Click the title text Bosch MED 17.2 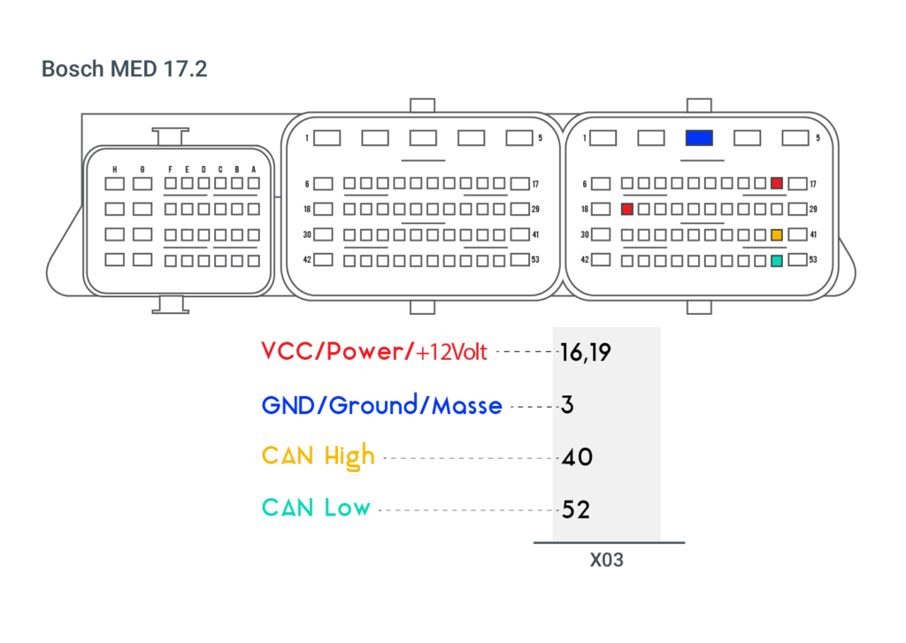pyautogui.click(x=125, y=70)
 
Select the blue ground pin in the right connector pyautogui.click(x=698, y=138)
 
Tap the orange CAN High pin pyautogui.click(x=777, y=235)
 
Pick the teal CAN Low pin pyautogui.click(x=777, y=261)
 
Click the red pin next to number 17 pyautogui.click(x=777, y=183)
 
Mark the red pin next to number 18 pyautogui.click(x=627, y=210)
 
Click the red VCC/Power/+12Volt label pyautogui.click(x=374, y=352)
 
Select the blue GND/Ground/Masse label pyautogui.click(x=381, y=406)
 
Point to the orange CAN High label pyautogui.click(x=319, y=457)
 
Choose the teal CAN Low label pyautogui.click(x=316, y=509)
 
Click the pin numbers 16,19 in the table pyautogui.click(x=585, y=353)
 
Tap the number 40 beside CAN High pyautogui.click(x=577, y=458)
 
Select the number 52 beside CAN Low pyautogui.click(x=576, y=510)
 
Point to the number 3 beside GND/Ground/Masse pyautogui.click(x=567, y=406)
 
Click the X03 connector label pyautogui.click(x=607, y=560)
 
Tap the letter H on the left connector pyautogui.click(x=115, y=169)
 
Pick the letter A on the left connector pyautogui.click(x=253, y=169)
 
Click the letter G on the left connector pyautogui.click(x=142, y=169)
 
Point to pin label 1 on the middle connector pyautogui.click(x=306, y=138)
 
